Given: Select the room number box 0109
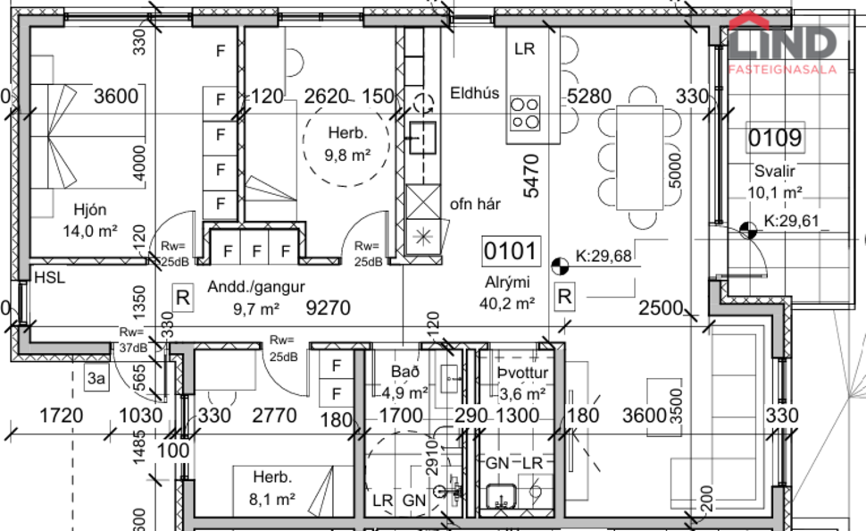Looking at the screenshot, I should click(774, 139).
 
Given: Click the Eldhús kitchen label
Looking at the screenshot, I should click(474, 92).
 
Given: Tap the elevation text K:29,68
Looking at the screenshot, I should click(603, 257).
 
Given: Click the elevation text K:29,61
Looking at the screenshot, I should click(794, 222).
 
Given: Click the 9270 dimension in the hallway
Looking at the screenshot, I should click(329, 309).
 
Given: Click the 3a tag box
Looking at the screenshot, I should click(96, 379).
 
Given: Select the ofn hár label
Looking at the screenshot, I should click(474, 204).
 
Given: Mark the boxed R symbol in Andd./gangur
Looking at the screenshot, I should click(182, 297).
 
